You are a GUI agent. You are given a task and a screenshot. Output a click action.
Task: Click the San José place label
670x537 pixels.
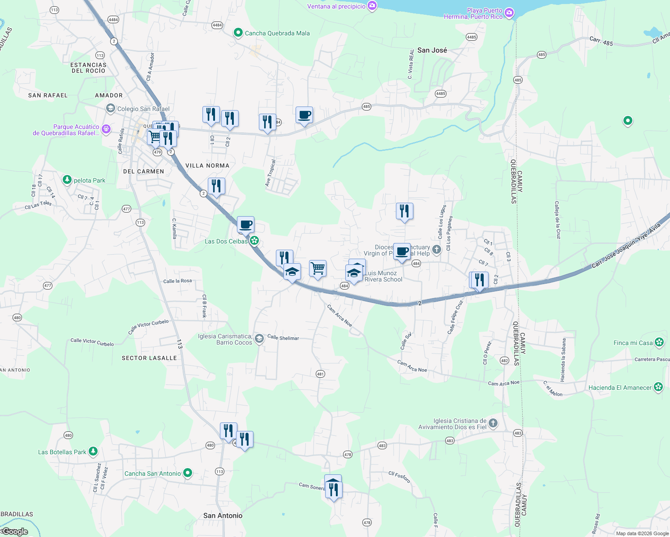(432, 50)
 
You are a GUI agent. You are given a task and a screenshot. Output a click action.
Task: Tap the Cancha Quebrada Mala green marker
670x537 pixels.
(238, 33)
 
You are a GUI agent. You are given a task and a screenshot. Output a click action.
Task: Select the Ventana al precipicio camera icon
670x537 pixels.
(372, 6)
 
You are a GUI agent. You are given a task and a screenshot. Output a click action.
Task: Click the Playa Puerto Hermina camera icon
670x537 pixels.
(509, 13)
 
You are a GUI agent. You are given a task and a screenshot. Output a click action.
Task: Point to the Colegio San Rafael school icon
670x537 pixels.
(110, 108)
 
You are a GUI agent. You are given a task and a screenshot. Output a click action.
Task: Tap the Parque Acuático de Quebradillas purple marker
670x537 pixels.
(106, 129)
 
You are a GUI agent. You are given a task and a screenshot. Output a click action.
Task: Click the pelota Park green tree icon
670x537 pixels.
(67, 180)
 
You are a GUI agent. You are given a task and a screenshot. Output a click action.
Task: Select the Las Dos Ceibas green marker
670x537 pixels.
(254, 241)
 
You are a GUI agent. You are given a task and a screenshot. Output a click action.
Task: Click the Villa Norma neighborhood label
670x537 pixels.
(207, 166)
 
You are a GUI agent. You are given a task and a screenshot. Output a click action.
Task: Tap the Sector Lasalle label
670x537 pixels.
(149, 358)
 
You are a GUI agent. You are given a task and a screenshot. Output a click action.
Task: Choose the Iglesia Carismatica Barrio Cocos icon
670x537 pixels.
(259, 339)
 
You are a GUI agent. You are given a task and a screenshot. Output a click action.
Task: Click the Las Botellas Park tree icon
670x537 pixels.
(93, 452)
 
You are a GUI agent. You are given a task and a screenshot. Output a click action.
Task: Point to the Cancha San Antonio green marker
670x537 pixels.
(188, 473)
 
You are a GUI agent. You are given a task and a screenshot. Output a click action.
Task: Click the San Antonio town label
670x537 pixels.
(223, 516)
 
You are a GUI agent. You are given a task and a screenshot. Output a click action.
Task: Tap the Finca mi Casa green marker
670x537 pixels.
(659, 343)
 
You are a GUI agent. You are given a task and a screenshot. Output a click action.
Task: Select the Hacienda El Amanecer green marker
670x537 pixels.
(658, 387)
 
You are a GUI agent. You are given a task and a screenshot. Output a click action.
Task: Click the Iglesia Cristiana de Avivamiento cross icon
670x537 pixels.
(493, 423)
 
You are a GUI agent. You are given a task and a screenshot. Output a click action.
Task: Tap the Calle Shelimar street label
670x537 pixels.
(283, 337)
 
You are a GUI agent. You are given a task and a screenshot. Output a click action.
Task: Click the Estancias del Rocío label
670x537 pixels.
(88, 68)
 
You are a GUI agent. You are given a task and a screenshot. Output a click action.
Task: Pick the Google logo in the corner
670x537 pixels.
(14, 532)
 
